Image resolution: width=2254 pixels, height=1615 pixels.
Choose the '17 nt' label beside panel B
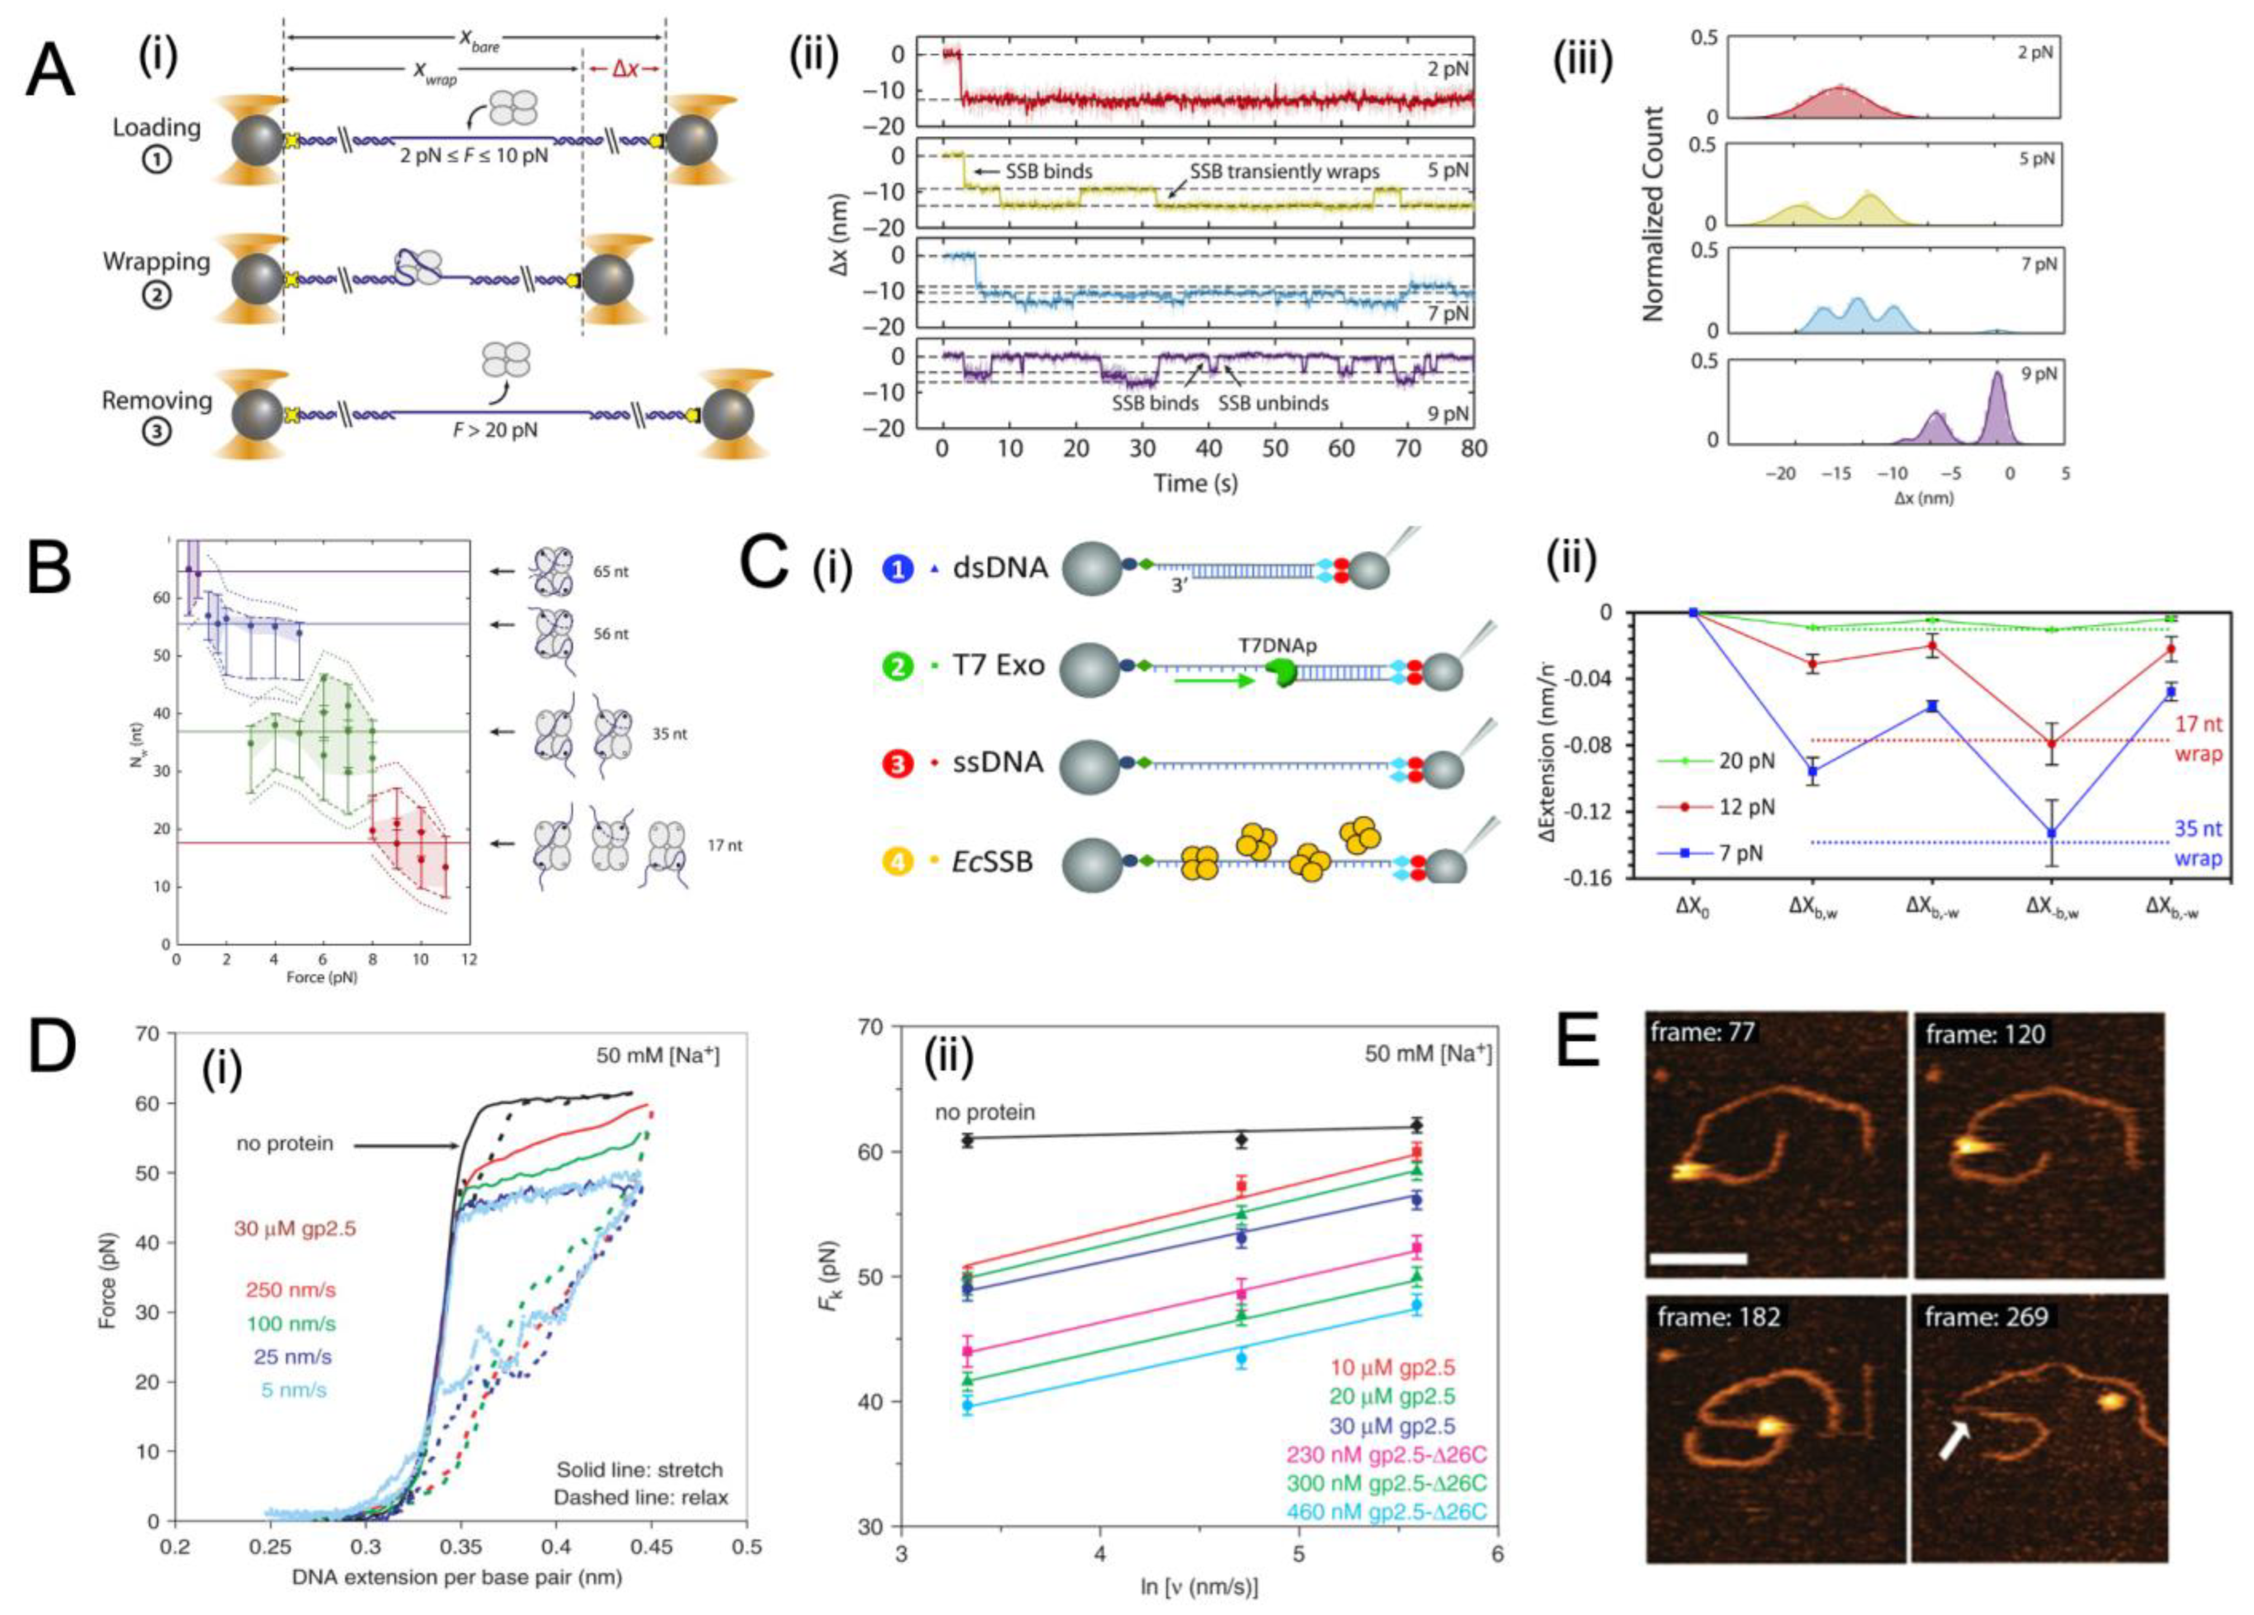pos(725,846)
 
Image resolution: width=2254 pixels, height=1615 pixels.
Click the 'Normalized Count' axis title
pos(1653,214)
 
